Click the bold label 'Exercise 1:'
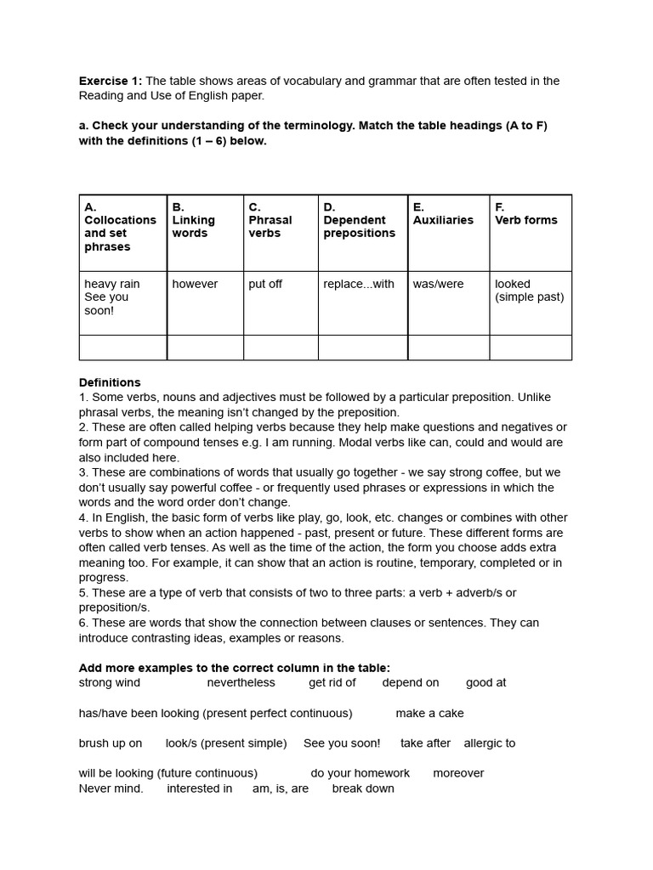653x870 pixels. [111, 81]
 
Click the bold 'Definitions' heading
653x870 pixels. [110, 382]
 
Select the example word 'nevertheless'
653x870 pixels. [241, 682]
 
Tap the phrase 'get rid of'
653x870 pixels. [332, 682]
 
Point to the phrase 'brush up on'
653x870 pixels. [111, 743]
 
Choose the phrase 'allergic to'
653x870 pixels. [490, 743]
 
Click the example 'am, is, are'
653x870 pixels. [281, 788]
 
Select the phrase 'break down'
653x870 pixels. [363, 788]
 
